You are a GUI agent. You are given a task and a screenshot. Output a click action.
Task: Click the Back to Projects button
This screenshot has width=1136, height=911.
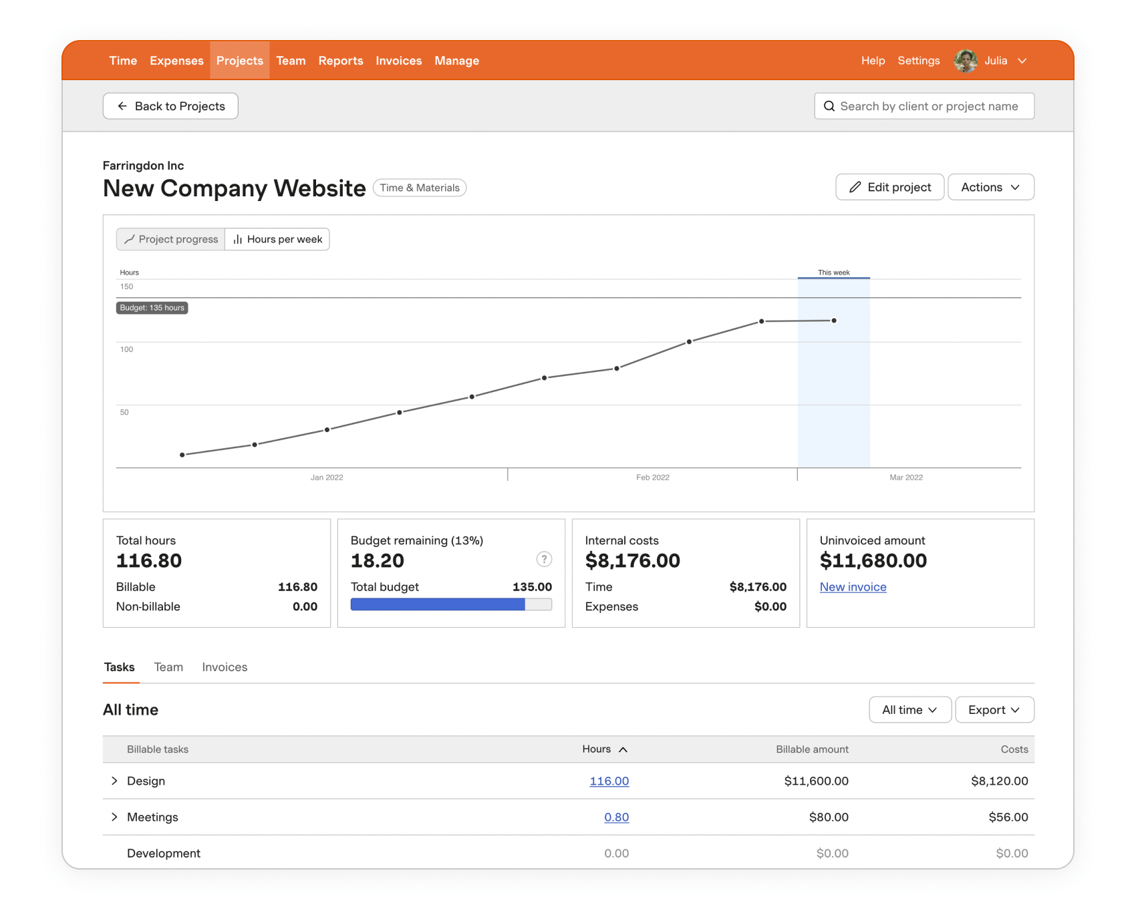coord(170,106)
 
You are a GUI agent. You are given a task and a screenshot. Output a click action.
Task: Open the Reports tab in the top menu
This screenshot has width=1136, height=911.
coord(340,61)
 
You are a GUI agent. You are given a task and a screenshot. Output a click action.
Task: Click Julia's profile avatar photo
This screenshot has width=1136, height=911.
coord(965,61)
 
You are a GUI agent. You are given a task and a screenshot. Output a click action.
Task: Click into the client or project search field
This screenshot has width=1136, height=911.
coord(928,106)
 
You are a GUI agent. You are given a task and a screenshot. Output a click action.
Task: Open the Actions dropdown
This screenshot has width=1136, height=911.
coord(990,187)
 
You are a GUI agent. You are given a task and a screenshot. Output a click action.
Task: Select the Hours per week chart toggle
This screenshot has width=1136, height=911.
coord(277,239)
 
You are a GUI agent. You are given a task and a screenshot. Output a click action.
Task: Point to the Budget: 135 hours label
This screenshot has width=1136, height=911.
coord(152,308)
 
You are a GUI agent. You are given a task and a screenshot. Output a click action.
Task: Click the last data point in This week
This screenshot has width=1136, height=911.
coord(834,321)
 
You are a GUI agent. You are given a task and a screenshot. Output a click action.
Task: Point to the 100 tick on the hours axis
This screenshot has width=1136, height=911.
coord(126,349)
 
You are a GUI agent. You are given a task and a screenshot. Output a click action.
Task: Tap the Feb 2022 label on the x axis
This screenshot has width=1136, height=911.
coord(652,478)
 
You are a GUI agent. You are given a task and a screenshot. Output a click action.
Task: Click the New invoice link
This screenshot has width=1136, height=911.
coord(853,587)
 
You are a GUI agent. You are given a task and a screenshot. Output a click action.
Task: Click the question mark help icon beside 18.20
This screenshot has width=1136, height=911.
coord(544,559)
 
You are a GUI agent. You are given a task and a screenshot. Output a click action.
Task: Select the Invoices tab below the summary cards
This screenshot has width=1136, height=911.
coord(225,667)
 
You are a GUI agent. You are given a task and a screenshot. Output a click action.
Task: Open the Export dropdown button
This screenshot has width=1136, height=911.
coord(994,710)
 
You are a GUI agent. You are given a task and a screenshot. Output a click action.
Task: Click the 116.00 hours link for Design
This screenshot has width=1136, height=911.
coord(609,781)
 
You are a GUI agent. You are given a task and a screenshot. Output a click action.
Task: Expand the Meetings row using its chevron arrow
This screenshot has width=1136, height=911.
coord(114,817)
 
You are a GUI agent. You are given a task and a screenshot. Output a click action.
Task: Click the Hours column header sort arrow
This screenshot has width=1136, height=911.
coord(623,749)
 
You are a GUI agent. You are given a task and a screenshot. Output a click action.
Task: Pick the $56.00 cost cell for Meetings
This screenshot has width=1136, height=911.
coord(1008,817)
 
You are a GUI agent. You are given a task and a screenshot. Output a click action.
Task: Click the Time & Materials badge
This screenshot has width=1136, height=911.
coord(420,188)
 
